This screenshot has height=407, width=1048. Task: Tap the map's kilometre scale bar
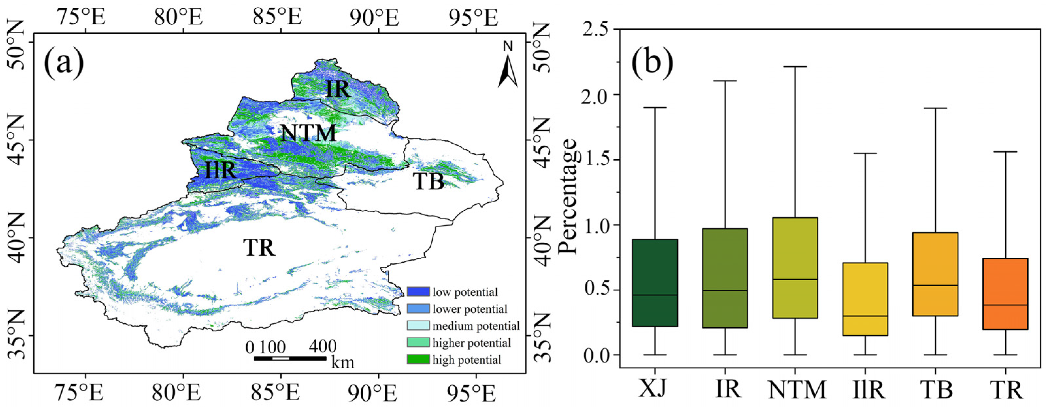coord(290,358)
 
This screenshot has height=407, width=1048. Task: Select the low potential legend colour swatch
coord(418,291)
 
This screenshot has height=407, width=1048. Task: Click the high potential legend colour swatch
coord(418,359)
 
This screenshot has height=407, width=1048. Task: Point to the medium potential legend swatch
coord(418,326)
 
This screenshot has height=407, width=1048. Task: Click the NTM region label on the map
coord(308,133)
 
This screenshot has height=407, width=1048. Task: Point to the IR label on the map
coord(337,89)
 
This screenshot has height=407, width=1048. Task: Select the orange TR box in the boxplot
coord(1005,293)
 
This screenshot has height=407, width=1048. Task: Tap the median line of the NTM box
coord(795,279)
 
